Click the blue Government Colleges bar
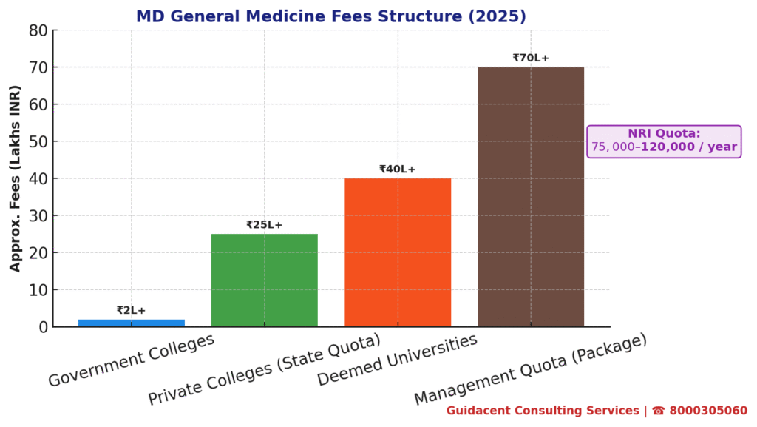coord(132,323)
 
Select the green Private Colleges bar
coord(265,280)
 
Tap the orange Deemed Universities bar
coord(398,252)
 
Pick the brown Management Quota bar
coord(531,197)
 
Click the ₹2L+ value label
coord(131,311)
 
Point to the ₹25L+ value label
coord(265,225)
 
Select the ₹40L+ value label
coord(398,169)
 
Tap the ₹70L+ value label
coord(531,58)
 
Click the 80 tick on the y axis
coord(38,30)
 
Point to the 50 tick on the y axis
coord(38,141)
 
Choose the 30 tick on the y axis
coord(38,215)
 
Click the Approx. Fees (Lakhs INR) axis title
coord(16,178)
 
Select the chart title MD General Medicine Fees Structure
coord(331,16)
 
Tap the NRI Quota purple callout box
coord(664,141)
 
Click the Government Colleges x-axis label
coord(132,360)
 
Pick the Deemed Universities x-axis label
coord(398,360)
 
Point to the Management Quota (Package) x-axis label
coord(531,369)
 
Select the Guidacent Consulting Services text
coord(543,411)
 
